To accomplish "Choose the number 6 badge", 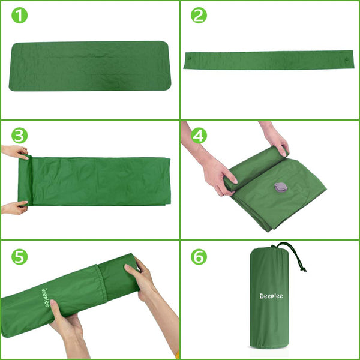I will click(199, 257).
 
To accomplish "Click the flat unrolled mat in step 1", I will click(89, 65).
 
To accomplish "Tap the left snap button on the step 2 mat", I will click(190, 59).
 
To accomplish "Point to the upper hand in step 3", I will click(15, 151).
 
